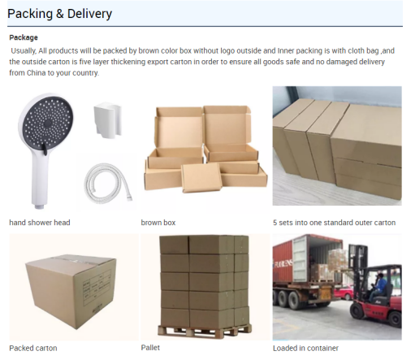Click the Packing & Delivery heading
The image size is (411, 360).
pos(60,14)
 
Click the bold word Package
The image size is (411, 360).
pos(24,37)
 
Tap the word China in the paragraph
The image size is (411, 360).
pos(36,73)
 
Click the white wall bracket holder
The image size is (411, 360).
pos(108,120)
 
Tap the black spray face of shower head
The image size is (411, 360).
pos(48,123)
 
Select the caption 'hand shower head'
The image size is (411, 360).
pos(40,223)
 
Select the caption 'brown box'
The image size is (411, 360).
pos(158,223)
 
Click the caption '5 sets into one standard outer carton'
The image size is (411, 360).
pos(334,223)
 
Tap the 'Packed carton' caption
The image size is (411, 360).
pos(33,348)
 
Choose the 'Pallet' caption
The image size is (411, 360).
pos(150,348)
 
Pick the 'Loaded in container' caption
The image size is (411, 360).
pos(305,348)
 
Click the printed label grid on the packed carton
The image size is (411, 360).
pos(97,287)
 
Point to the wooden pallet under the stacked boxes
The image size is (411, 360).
pos(205,331)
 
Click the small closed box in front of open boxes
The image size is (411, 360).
pos(201,178)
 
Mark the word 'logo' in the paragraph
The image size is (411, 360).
pos(227,51)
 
